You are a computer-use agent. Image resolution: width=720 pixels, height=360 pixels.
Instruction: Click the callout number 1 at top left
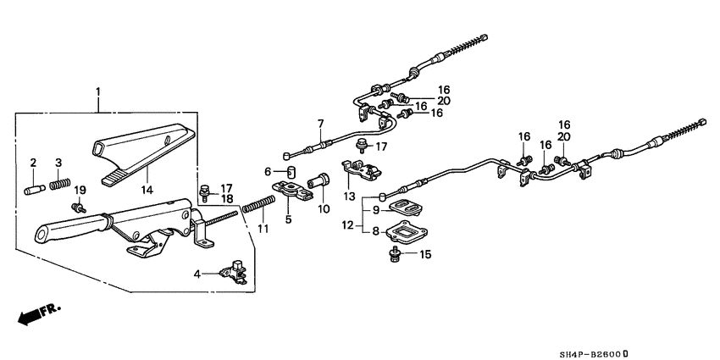(x=98, y=91)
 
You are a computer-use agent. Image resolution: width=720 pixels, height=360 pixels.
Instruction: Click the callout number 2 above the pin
(x=33, y=163)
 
